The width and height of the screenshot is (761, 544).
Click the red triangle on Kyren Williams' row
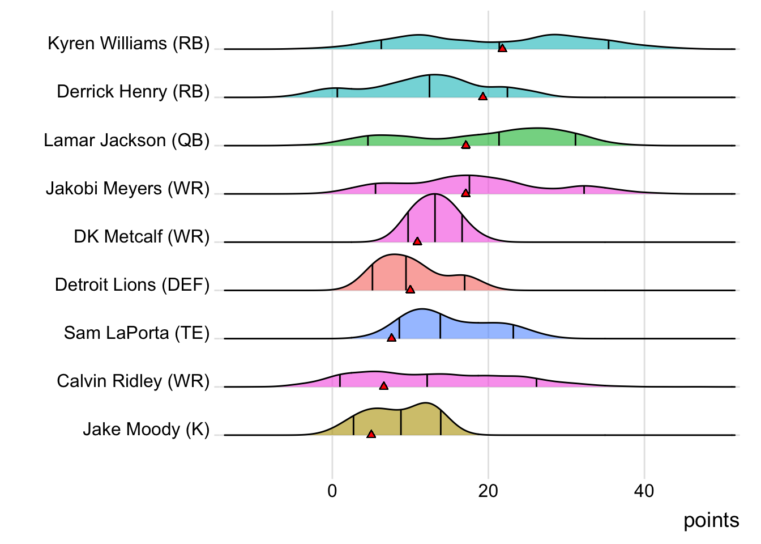(502, 48)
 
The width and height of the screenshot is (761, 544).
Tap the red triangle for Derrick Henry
(482, 96)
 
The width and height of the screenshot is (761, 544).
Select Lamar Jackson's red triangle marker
(465, 145)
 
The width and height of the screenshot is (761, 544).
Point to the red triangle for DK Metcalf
(417, 241)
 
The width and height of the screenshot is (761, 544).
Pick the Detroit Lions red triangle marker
(411, 290)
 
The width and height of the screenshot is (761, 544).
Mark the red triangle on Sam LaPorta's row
(391, 338)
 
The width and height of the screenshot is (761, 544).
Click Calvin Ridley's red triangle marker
(383, 386)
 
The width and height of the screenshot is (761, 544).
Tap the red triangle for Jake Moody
(371, 434)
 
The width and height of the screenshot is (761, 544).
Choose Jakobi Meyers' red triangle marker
(465, 193)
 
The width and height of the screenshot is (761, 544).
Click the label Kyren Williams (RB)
(129, 43)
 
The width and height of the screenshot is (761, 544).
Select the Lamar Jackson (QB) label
(127, 140)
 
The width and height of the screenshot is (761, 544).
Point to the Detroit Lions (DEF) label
(132, 284)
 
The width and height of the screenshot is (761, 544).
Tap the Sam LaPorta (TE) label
(136, 333)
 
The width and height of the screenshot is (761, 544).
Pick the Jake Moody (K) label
(146, 430)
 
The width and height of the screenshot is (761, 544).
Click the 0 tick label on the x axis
(332, 491)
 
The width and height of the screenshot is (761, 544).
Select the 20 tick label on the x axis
(488, 491)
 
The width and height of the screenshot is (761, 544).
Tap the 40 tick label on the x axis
(644, 491)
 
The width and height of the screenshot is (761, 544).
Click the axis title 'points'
(711, 520)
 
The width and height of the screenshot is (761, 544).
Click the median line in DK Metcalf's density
(435, 218)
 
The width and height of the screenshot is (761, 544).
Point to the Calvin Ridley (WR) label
(133, 381)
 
